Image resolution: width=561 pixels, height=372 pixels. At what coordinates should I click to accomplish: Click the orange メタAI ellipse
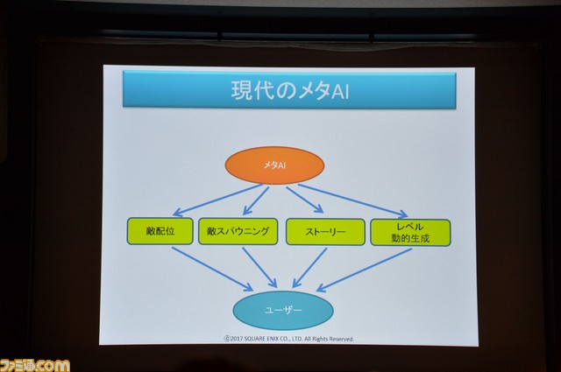274,165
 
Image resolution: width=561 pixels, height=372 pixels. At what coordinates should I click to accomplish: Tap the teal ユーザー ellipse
283,310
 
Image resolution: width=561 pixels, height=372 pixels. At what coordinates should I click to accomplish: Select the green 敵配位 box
160,231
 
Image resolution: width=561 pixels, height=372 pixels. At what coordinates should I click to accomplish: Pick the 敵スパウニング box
238,232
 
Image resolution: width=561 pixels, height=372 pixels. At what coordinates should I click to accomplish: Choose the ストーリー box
325,232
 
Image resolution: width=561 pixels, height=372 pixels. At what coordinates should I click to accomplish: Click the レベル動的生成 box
410,233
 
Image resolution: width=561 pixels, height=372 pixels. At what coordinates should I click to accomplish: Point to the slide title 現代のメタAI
290,91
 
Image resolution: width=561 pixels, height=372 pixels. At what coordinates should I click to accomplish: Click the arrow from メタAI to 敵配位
218,200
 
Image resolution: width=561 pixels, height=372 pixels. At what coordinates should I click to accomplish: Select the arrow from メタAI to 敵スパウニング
256,200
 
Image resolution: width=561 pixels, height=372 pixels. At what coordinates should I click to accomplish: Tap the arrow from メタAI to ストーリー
305,200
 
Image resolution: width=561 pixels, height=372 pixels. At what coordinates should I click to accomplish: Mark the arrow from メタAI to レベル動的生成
353,200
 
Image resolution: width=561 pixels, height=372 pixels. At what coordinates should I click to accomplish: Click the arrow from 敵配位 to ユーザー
212,269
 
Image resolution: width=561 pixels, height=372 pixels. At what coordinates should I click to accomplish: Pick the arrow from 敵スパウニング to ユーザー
259,268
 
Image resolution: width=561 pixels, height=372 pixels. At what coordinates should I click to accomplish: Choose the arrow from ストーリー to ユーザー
309,268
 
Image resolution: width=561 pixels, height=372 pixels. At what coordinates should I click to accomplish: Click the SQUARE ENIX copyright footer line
289,339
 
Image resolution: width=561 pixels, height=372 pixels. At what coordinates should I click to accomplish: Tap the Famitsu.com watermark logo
35,365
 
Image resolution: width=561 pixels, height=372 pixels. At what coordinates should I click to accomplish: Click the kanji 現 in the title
242,91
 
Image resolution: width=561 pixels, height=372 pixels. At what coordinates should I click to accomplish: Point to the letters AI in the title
340,92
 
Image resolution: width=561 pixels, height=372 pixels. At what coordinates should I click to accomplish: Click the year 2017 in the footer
236,339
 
